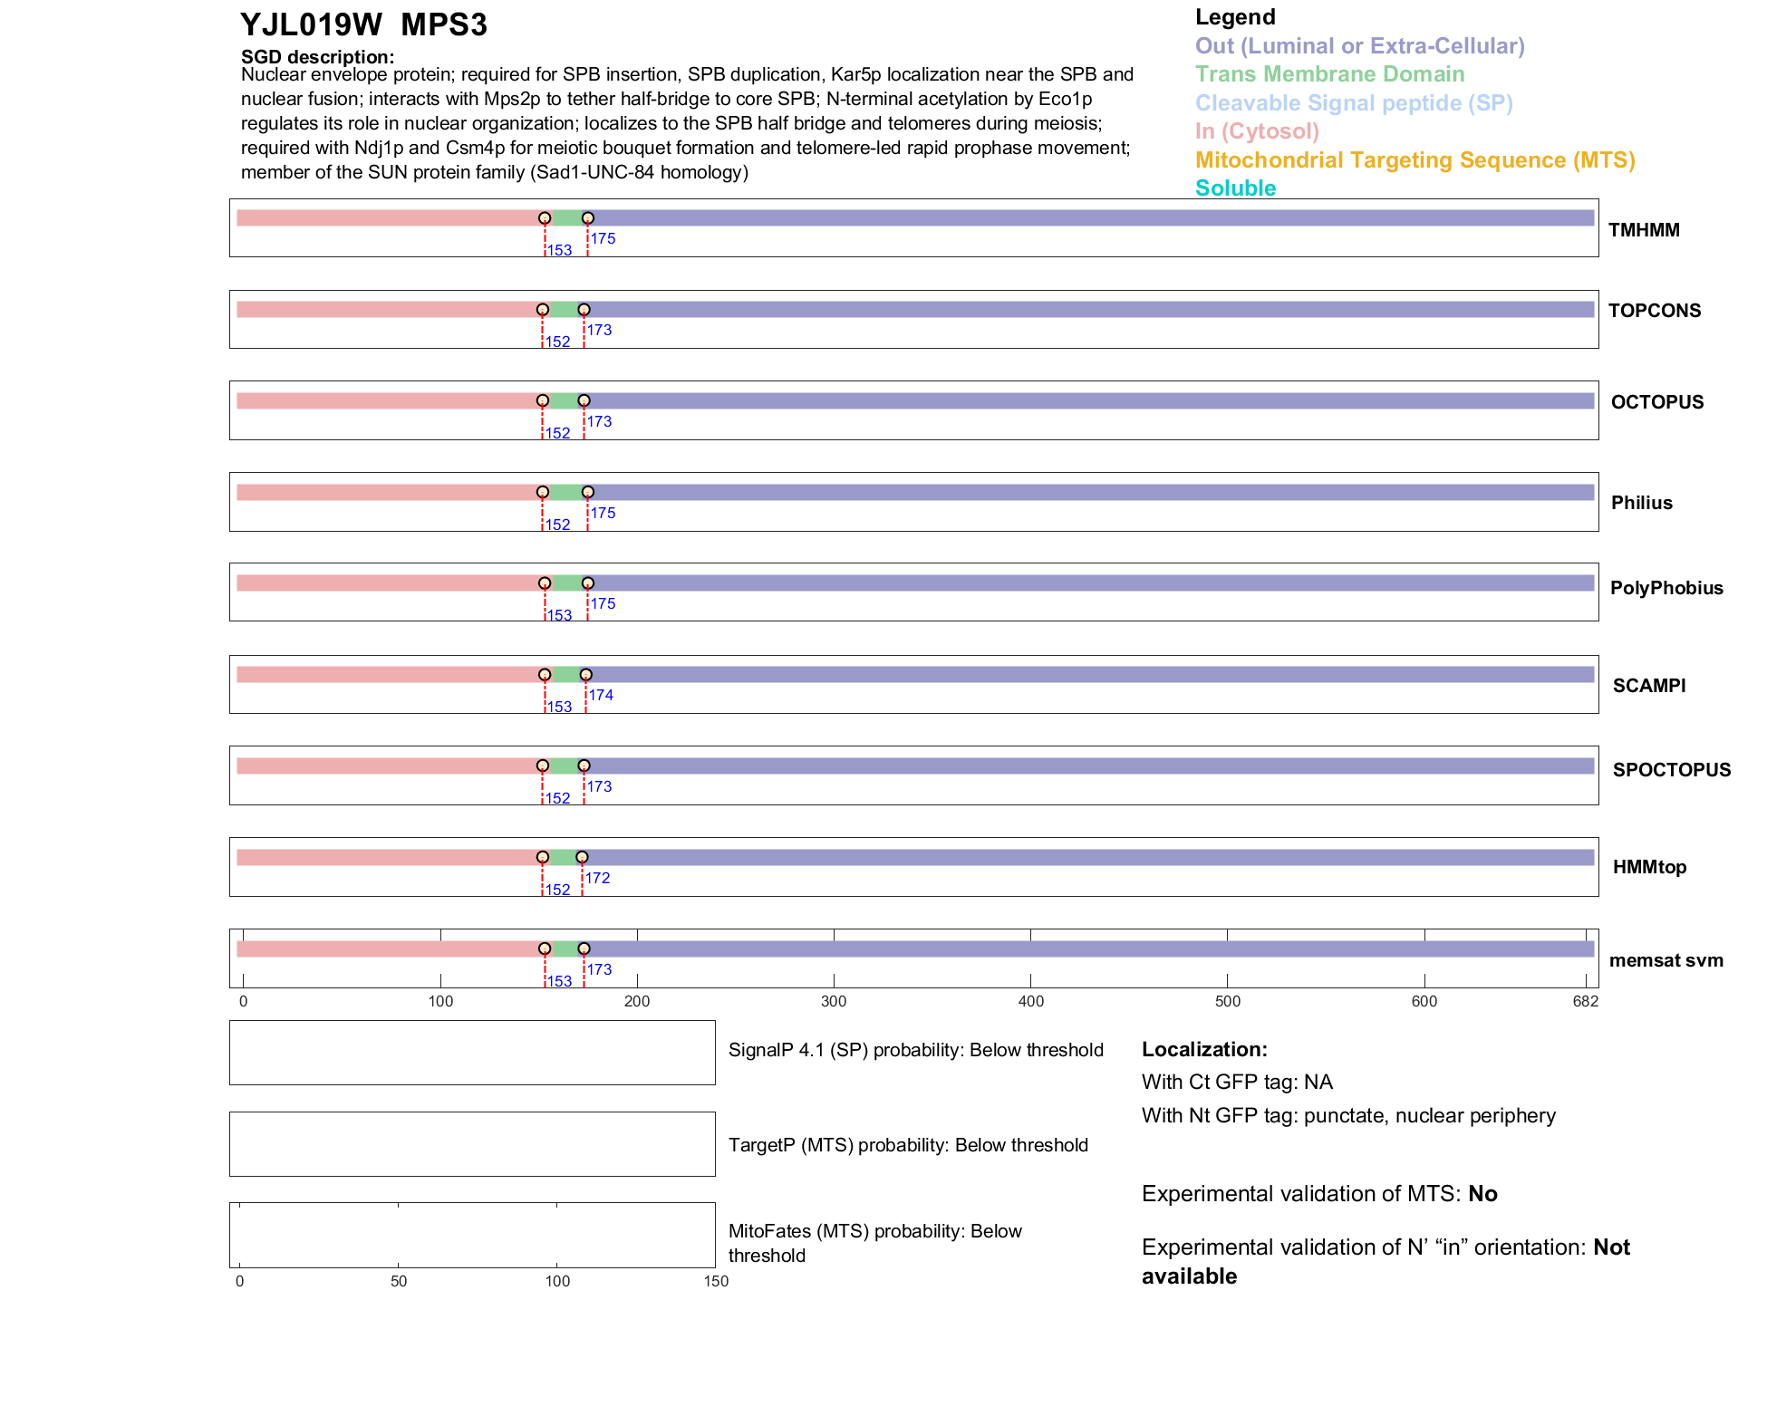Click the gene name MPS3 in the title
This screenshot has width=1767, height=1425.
pyautogui.click(x=444, y=25)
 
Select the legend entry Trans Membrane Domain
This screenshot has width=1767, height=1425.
pyautogui.click(x=1329, y=74)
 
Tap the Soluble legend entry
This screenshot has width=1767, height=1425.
pyautogui.click(x=1235, y=188)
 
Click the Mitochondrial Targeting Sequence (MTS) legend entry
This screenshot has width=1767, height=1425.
pyautogui.click(x=1415, y=160)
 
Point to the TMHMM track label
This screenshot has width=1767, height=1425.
pyautogui.click(x=1644, y=230)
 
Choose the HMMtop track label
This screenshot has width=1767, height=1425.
pyautogui.click(x=1649, y=867)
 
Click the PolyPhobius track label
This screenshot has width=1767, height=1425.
pyautogui.click(x=1666, y=588)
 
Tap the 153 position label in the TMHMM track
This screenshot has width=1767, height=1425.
pyautogui.click(x=559, y=251)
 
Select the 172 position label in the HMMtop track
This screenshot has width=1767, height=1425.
pyautogui.click(x=597, y=878)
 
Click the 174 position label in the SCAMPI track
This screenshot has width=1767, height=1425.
pyautogui.click(x=601, y=695)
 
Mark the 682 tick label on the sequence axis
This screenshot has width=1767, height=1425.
pyautogui.click(x=1586, y=1001)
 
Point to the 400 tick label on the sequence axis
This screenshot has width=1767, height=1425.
pyautogui.click(x=1030, y=1001)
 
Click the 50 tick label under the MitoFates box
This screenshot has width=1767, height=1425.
pyautogui.click(x=399, y=1281)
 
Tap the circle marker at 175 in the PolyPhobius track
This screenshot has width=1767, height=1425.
pyautogui.click(x=588, y=583)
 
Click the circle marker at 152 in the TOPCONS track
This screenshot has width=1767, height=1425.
pyautogui.click(x=543, y=310)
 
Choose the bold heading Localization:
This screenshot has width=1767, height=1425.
pyautogui.click(x=1204, y=1049)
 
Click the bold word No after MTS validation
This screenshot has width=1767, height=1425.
pyautogui.click(x=1482, y=1194)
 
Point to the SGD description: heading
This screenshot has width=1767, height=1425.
pyautogui.click(x=317, y=57)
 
